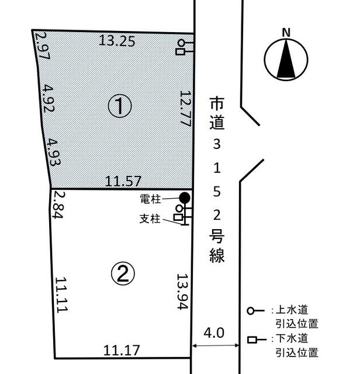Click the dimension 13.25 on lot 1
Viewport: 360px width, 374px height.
point(117,41)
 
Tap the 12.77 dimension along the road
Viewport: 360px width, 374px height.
point(186,108)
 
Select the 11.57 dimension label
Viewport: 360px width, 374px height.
point(123,181)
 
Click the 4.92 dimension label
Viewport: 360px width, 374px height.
point(48,99)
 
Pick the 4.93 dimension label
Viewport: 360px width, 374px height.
point(53,152)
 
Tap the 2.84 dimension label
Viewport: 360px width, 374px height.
point(58,205)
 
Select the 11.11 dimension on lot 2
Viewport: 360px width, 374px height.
point(62,295)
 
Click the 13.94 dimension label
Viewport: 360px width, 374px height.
point(183,292)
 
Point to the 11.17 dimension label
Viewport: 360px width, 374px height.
point(122,351)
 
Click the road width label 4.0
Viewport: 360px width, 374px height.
point(214,333)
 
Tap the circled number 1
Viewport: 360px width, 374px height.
point(120,106)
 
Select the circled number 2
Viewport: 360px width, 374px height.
point(123,274)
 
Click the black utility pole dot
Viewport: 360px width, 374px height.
point(185,198)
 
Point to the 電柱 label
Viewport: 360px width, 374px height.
point(151,199)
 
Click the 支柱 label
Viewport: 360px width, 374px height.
point(150,219)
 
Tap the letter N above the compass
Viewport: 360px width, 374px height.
point(286,33)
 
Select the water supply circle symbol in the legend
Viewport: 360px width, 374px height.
point(250,311)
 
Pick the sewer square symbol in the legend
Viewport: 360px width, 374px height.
point(252,340)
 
